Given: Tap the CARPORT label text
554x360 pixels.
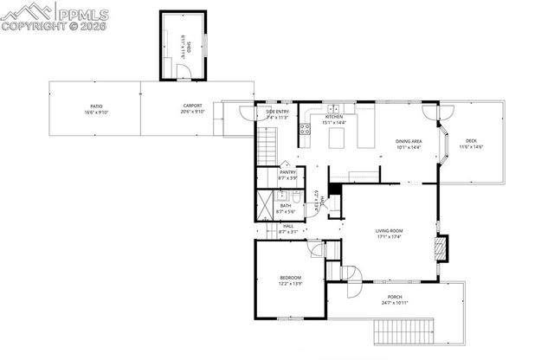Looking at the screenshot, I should [192, 106].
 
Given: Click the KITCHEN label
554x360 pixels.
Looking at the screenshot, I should [334, 117].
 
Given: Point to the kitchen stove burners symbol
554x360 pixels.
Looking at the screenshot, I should [305, 131].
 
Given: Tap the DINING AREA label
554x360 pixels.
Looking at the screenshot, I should [409, 141].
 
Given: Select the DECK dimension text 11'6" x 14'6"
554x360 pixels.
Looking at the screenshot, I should [471, 147].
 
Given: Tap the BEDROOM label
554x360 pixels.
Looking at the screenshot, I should [290, 277].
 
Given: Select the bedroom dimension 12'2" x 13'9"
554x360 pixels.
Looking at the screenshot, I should [290, 283].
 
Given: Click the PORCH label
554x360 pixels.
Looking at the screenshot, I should [394, 297].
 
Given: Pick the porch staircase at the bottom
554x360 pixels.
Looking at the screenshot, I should [403, 331].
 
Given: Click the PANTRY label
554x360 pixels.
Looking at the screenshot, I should [287, 172].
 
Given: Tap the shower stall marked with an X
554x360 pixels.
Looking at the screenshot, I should [266, 204].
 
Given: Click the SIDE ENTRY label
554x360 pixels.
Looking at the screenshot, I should [277, 112].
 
